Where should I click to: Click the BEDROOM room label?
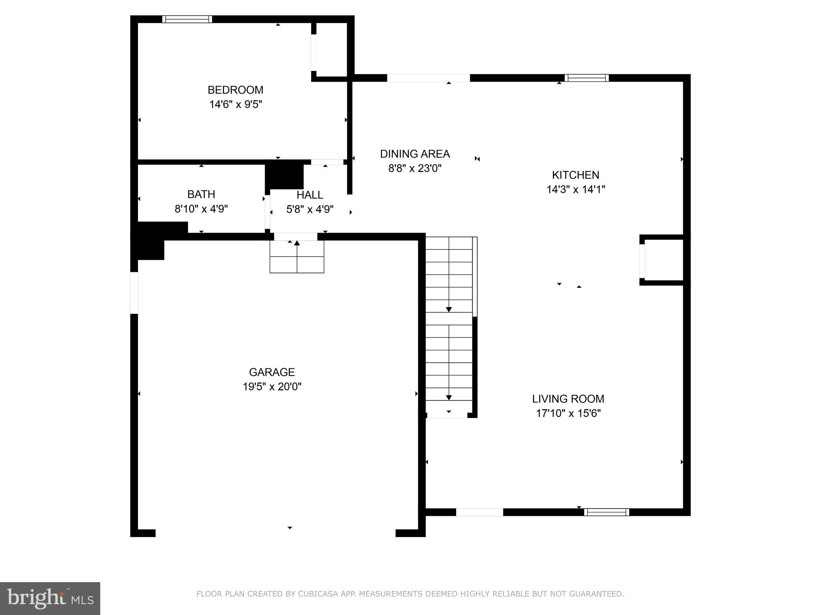point(235,90)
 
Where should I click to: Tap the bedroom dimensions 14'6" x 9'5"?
point(235,105)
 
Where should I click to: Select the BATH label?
point(201,194)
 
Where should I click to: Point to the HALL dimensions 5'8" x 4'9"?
point(310,209)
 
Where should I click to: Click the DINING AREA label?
point(415,154)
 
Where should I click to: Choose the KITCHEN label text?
point(576,175)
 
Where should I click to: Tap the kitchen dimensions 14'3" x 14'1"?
point(576,189)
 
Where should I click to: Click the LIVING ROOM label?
point(568,399)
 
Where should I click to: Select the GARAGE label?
point(272,372)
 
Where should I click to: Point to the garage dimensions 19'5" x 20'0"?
point(272,387)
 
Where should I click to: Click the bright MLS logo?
point(50,598)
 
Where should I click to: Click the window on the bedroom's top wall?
point(187,19)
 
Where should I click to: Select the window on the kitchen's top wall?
point(586,78)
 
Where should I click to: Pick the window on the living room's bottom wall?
point(606,512)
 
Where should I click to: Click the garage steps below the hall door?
point(297,257)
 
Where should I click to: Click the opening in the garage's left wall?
point(134,293)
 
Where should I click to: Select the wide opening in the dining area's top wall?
point(428,78)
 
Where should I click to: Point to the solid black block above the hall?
point(284,174)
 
